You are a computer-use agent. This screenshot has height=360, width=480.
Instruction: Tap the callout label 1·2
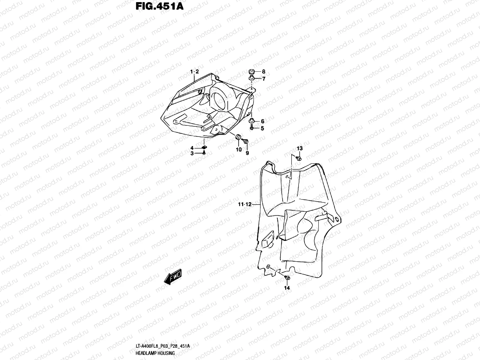pyautogui.click(x=194, y=72)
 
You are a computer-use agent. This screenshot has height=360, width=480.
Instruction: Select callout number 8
pyautogui.click(x=263, y=72)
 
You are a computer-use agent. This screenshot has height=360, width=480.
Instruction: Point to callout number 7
pyautogui.click(x=263, y=79)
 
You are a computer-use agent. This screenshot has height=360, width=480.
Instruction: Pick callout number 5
pyautogui.click(x=262, y=129)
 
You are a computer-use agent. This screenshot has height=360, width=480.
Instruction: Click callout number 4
pyautogui.click(x=192, y=148)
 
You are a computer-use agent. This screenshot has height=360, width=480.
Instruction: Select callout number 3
pyautogui.click(x=192, y=154)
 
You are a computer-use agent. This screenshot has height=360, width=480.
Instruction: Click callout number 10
pyautogui.click(x=238, y=150)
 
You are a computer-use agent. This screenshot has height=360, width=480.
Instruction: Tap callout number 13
pyautogui.click(x=300, y=148)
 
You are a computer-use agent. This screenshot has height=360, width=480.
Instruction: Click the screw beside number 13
pyautogui.click(x=298, y=158)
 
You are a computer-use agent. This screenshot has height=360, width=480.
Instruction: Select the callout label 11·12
pyautogui.click(x=244, y=204)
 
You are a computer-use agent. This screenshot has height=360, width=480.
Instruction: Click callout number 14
pyautogui.click(x=287, y=288)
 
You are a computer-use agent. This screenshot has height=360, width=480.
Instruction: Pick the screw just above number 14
pyautogui.click(x=287, y=279)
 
